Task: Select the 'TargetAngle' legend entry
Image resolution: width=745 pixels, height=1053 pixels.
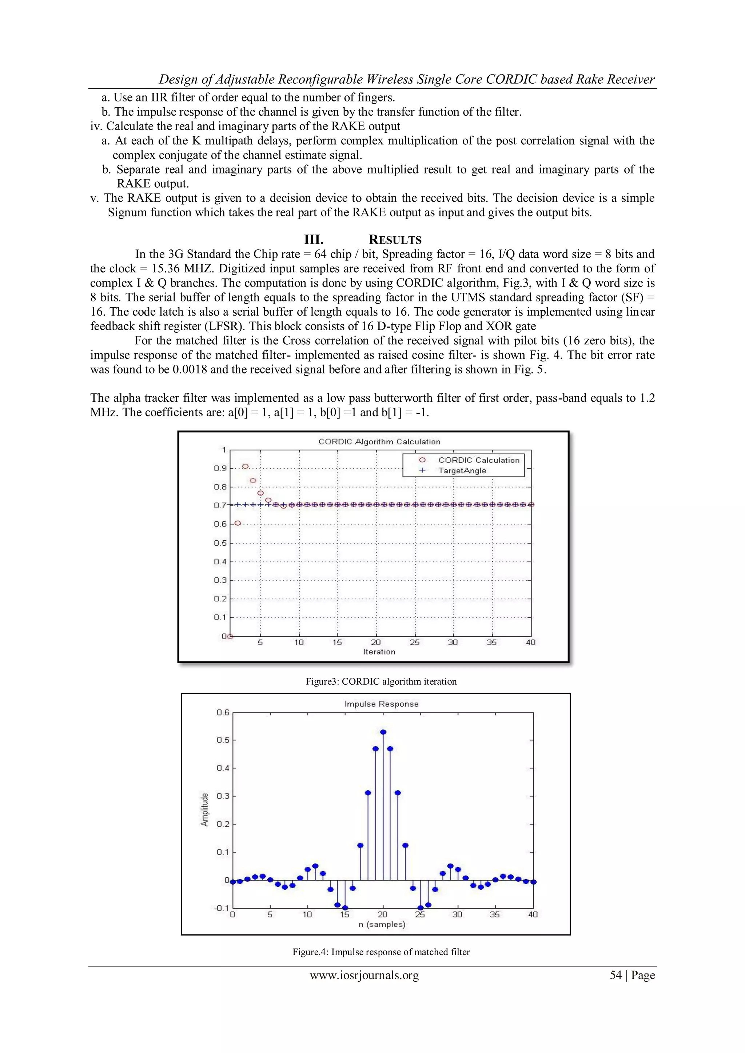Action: (x=462, y=471)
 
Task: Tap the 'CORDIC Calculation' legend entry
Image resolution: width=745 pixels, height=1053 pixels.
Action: (x=478, y=460)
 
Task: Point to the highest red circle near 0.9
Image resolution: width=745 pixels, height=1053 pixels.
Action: (x=246, y=467)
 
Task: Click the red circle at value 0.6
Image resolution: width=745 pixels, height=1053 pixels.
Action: (x=238, y=523)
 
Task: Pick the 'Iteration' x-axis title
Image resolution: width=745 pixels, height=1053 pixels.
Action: (x=379, y=652)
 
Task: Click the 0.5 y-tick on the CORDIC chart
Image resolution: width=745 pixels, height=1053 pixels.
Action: (x=220, y=543)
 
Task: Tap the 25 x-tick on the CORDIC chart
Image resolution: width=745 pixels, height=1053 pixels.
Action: (x=414, y=642)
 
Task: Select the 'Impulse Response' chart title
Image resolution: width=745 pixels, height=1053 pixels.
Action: (x=381, y=704)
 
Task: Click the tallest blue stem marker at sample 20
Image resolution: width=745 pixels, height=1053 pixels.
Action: (x=383, y=732)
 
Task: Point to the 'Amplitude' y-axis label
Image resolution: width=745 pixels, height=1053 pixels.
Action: (x=204, y=810)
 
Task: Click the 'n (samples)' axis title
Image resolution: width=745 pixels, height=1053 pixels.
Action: (x=382, y=924)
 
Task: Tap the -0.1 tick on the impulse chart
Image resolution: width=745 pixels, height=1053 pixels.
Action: (x=221, y=908)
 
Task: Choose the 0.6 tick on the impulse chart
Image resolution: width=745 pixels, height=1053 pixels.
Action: (x=223, y=712)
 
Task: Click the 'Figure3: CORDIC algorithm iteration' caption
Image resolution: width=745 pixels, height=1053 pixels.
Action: (x=381, y=681)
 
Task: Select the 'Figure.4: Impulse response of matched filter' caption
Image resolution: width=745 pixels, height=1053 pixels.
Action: (x=381, y=952)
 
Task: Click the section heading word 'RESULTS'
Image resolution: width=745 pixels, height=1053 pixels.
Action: (x=395, y=240)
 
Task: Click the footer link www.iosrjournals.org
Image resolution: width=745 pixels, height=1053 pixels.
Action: (x=364, y=975)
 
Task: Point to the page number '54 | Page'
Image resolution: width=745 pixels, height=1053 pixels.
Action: (x=632, y=975)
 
